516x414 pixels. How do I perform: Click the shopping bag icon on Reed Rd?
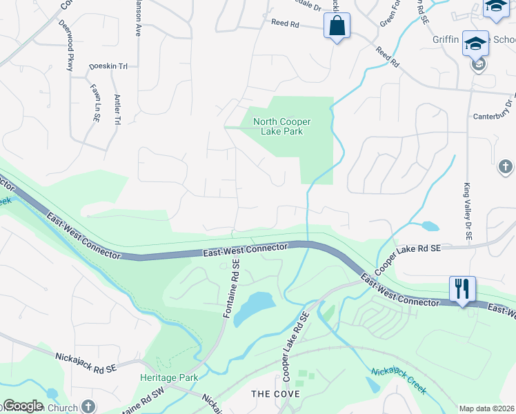[337, 27]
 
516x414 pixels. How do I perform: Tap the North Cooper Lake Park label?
[281, 127]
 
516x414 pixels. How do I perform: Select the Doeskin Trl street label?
[109, 67]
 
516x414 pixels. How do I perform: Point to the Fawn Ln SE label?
[96, 103]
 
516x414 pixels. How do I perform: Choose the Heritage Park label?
[169, 377]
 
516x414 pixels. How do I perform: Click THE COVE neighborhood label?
[275, 394]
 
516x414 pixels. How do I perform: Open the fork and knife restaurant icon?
[462, 288]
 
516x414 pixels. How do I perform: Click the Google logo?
[23, 406]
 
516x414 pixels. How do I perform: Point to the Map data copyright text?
[486, 408]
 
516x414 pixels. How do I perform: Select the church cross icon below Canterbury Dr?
[506, 167]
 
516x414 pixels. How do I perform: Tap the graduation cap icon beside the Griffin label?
[475, 43]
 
